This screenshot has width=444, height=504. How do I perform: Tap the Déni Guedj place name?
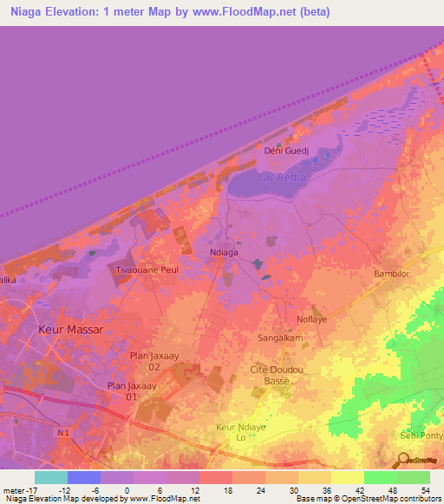point(286,151)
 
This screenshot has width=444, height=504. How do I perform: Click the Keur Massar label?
point(70,331)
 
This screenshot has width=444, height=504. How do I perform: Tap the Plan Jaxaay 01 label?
point(122,391)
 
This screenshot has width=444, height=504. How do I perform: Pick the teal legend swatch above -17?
point(50,477)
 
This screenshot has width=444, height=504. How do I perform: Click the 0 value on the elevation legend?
point(127,490)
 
